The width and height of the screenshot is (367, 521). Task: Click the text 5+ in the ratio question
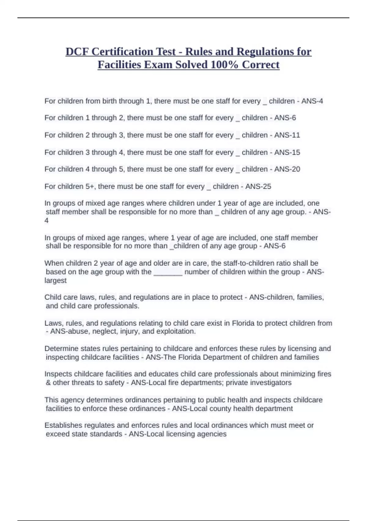pyautogui.click(x=90, y=186)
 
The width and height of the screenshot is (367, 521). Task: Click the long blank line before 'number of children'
pyautogui.click(x=168, y=272)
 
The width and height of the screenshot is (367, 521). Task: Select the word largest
pyautogui.click(x=55, y=280)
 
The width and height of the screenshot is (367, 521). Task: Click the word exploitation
pyautogui.click(x=176, y=331)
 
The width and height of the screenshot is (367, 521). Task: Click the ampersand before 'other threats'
pyautogui.click(x=48, y=382)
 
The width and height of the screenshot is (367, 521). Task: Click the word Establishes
pyautogui.click(x=63, y=425)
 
